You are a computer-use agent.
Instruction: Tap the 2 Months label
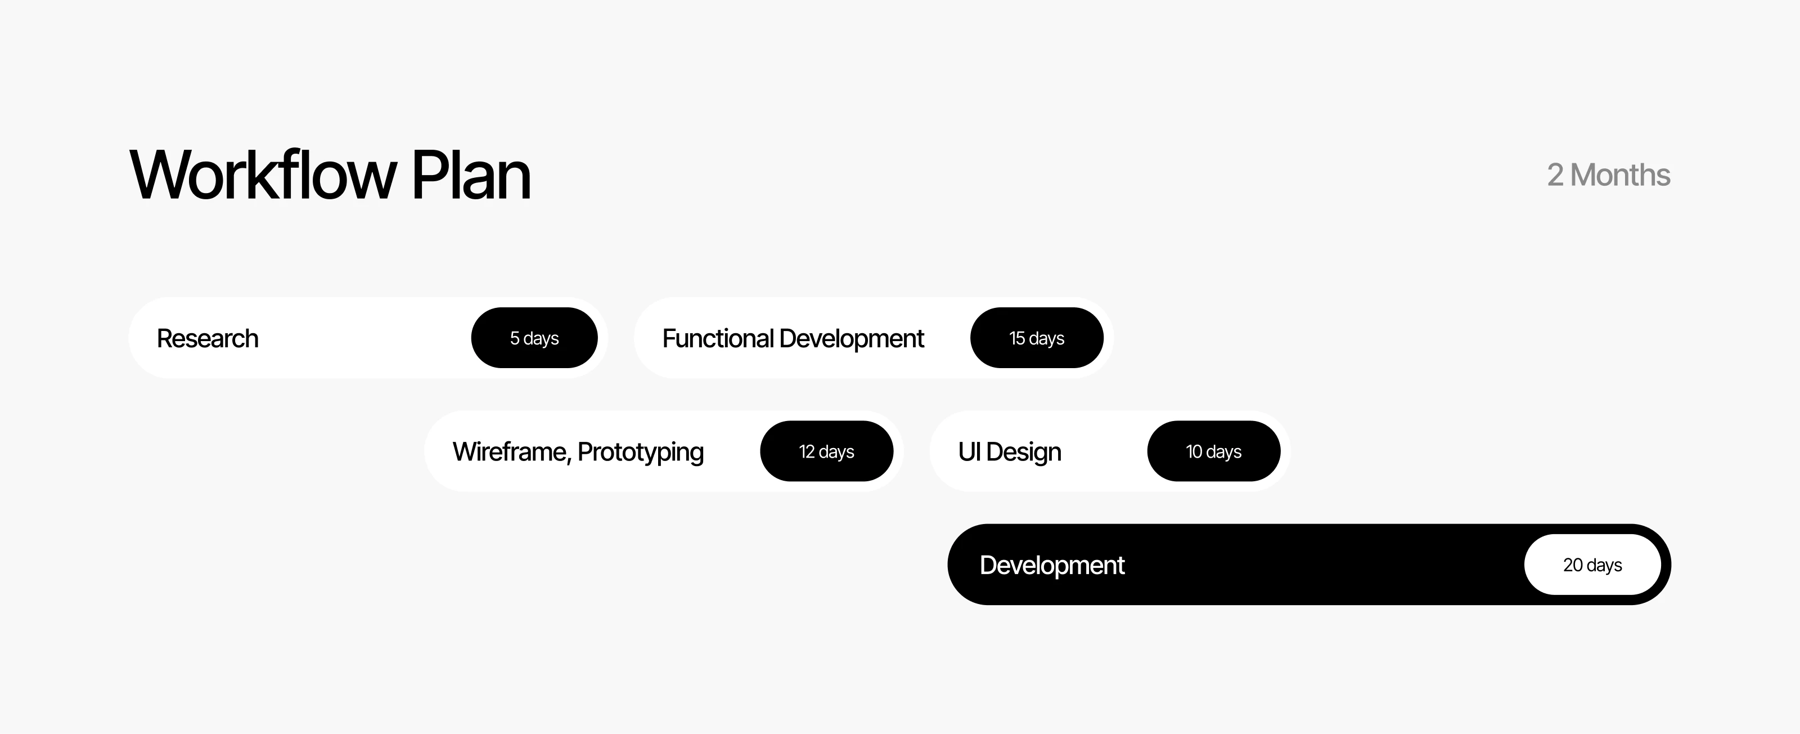[x=1609, y=174]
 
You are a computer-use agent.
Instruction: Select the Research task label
[x=208, y=338]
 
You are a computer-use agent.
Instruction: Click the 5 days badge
[x=534, y=338]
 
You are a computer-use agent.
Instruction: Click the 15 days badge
[x=1037, y=338]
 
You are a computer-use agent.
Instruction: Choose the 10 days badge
[x=1214, y=451]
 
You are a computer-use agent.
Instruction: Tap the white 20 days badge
[x=1592, y=564]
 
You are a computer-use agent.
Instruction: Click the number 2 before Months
[x=1555, y=174]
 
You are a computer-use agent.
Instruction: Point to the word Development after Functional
[x=852, y=339]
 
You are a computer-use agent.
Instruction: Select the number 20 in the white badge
[x=1573, y=565]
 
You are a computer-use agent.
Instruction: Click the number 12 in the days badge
[x=807, y=451]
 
